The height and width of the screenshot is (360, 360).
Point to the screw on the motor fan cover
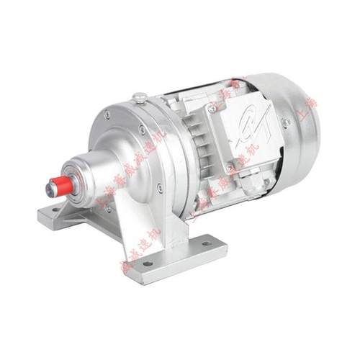(x=287, y=123)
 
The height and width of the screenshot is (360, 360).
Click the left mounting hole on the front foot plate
(x=148, y=264)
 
